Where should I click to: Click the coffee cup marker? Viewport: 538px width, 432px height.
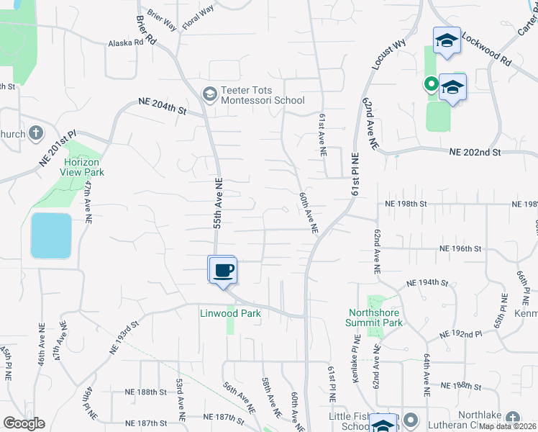click(223, 270)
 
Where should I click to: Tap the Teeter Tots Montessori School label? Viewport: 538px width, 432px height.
click(263, 94)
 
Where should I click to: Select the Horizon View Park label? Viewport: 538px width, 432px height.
click(83, 166)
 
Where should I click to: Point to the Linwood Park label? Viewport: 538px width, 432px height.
click(230, 313)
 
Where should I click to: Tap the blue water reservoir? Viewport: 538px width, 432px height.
click(51, 235)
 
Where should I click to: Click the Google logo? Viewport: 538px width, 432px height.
click(24, 423)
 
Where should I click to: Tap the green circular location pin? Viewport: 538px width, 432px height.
click(431, 84)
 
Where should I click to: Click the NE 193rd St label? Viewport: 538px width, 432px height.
click(124, 338)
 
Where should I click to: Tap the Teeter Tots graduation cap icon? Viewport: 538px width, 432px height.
click(209, 94)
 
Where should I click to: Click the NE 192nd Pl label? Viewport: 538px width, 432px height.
click(461, 335)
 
